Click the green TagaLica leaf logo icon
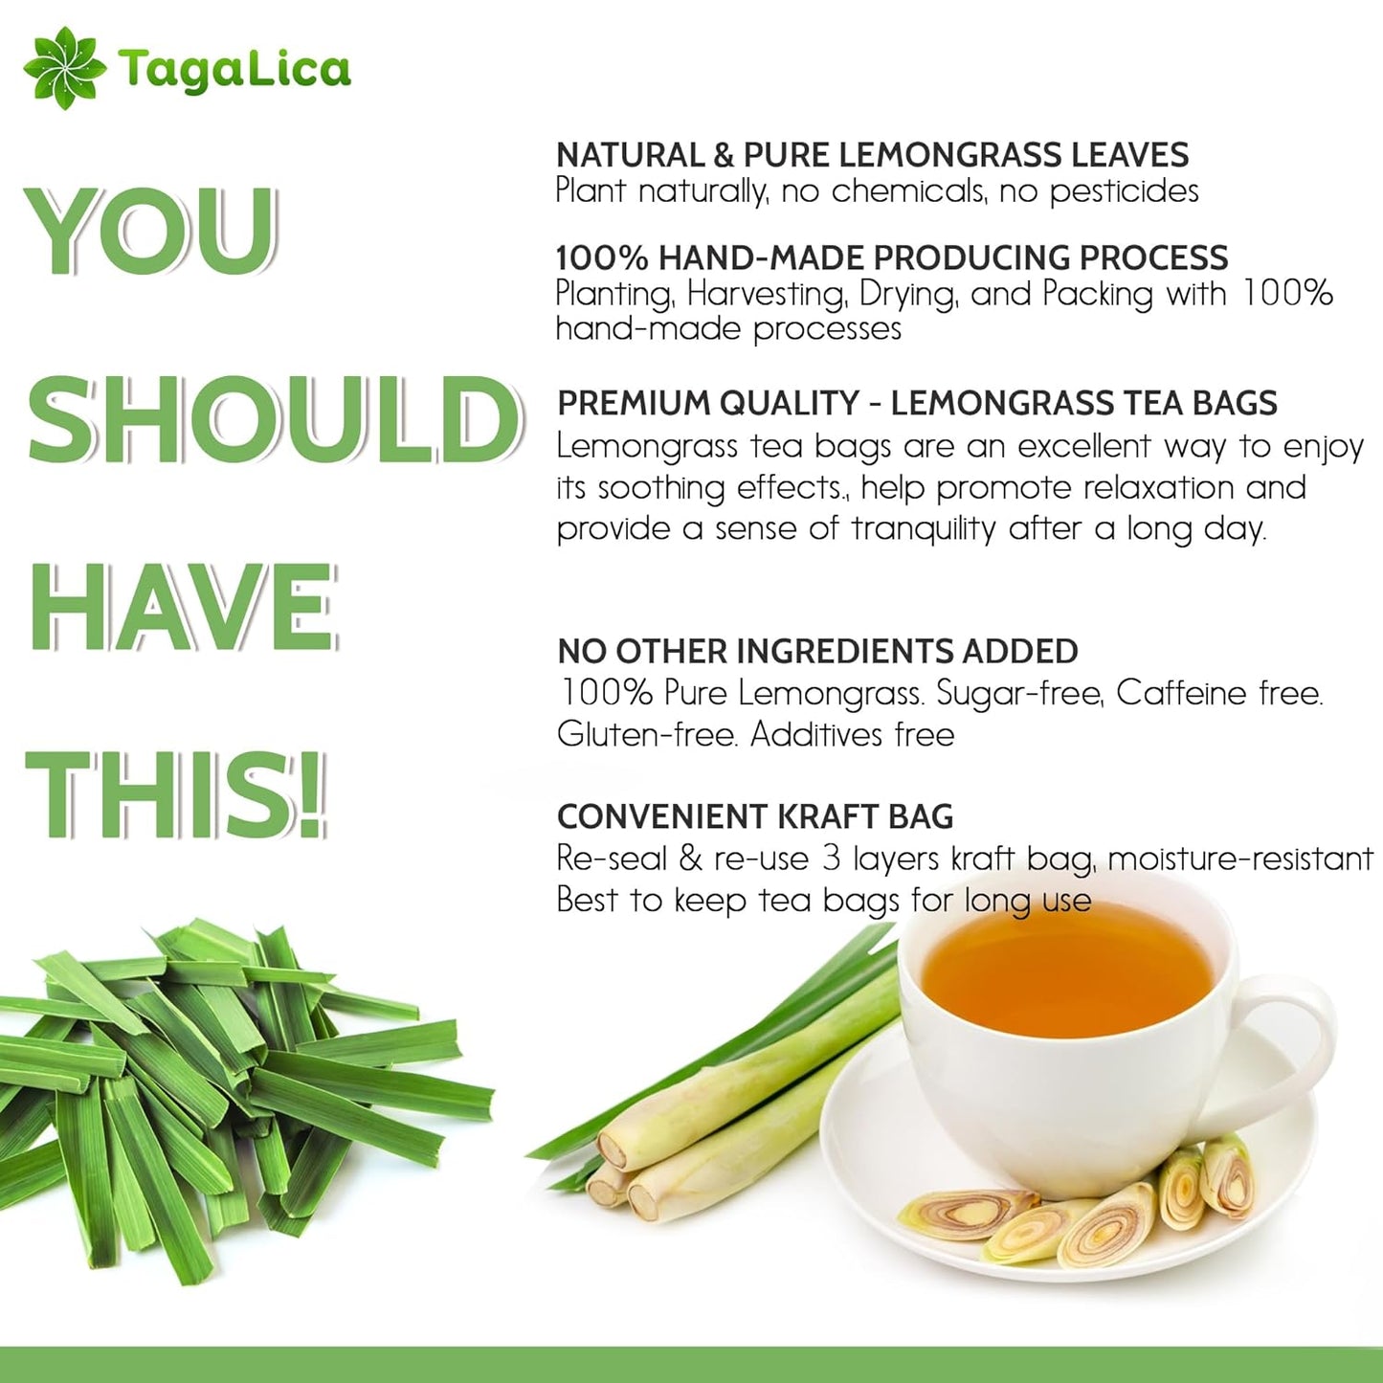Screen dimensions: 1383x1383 click(64, 68)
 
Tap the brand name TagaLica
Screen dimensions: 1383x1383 click(234, 70)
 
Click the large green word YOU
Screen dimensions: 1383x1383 click(151, 231)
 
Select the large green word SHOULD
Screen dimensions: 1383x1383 click(275, 419)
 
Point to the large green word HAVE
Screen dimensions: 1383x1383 click(183, 607)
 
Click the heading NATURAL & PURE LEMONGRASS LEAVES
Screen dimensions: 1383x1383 click(872, 155)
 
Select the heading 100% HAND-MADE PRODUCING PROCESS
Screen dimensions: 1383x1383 click(891, 257)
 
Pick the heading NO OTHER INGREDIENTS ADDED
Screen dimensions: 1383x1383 click(817, 652)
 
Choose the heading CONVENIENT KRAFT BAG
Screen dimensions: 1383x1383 click(755, 816)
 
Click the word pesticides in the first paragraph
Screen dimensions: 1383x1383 click(1124, 191)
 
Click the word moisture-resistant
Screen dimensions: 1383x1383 click(1240, 859)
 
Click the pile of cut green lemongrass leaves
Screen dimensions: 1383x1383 click(220, 1082)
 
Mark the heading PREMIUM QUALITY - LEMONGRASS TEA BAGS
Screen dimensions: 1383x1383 click(917, 404)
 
